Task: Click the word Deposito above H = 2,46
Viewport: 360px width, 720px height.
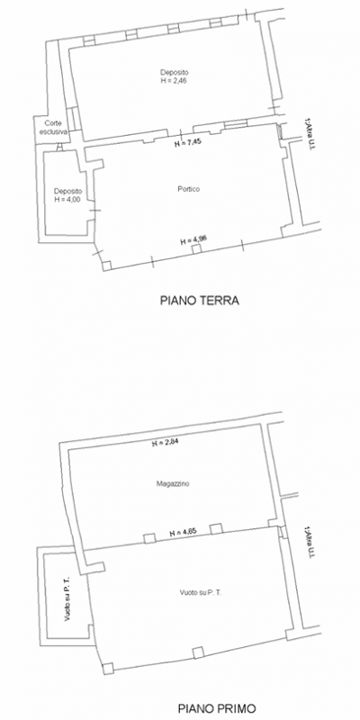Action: point(175,72)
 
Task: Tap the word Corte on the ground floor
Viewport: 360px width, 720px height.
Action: point(53,124)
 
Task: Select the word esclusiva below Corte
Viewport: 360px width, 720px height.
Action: point(53,132)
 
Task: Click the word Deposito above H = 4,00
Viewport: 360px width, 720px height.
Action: point(68,191)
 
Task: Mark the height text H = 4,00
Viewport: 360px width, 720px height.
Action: point(68,199)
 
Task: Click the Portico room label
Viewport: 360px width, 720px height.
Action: point(189,189)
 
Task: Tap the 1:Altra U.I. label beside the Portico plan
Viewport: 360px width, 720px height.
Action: point(309,136)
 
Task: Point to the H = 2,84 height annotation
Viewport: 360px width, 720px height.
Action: point(166,443)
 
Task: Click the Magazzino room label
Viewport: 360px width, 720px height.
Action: point(171,484)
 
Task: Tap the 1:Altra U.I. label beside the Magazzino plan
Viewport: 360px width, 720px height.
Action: point(309,544)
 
